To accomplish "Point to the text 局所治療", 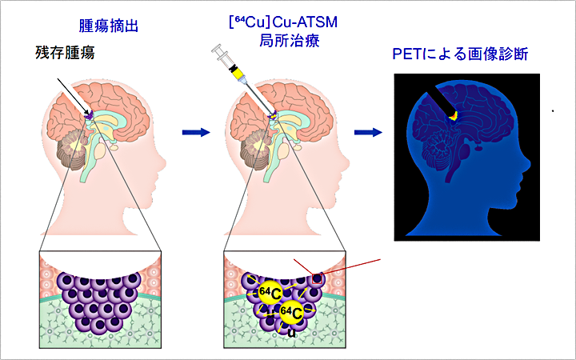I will tap(274, 42).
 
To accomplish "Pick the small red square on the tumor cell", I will tap(319, 279).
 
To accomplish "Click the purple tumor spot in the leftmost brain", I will tap(90, 116).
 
